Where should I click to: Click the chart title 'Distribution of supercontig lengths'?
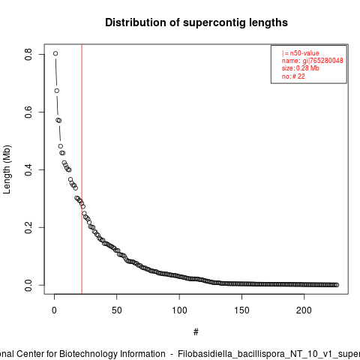coord(196,22)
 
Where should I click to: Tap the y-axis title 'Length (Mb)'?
coord(7,169)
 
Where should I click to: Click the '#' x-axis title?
coord(196,331)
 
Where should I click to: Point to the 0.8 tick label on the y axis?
coord(28,54)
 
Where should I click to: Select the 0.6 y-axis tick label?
coord(28,112)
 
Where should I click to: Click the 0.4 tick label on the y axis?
coord(28,169)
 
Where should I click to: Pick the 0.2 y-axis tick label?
coord(28,227)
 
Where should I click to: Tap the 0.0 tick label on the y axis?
coord(28,285)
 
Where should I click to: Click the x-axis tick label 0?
coord(54,310)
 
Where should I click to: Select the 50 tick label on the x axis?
coord(117,310)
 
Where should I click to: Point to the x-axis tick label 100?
coord(179,310)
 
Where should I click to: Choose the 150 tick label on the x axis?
coord(241,310)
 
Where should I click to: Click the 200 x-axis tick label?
coord(304,310)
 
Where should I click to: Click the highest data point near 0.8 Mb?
coord(55,53)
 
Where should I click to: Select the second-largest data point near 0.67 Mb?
coord(57,91)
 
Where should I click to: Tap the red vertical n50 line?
coord(82,169)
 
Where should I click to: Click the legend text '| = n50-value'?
coord(301,53)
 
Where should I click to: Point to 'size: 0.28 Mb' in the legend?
coord(301,68)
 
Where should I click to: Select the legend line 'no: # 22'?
coord(293,76)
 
